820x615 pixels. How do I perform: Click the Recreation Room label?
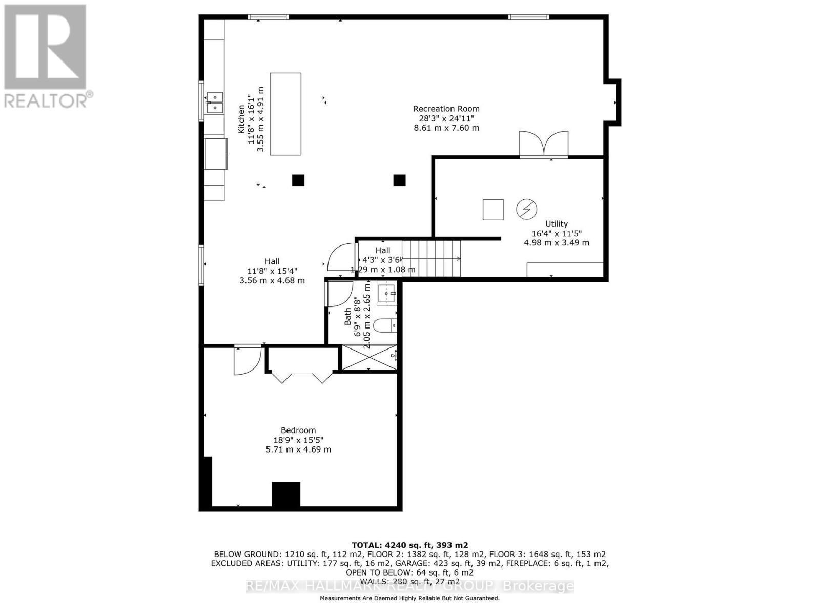[x=446, y=109]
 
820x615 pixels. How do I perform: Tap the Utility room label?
[x=557, y=223]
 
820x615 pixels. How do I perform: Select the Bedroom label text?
[x=298, y=430]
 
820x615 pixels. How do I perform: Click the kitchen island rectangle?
[x=285, y=114]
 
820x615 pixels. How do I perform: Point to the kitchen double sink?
[x=214, y=102]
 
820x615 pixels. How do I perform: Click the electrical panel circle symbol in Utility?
[x=526, y=209]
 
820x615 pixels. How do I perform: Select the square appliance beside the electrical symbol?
[x=493, y=210]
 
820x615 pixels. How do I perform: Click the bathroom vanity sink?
[x=387, y=294]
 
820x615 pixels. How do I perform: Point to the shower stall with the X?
[x=369, y=357]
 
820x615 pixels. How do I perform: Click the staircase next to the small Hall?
[x=431, y=259]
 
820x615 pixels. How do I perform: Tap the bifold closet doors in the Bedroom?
[x=302, y=377]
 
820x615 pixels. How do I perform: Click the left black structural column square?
[x=298, y=180]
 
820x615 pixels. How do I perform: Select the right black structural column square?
[x=399, y=180]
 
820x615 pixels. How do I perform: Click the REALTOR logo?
[x=46, y=56]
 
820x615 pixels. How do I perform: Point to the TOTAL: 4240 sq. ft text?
[x=409, y=545]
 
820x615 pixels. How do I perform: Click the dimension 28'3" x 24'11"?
[x=446, y=118]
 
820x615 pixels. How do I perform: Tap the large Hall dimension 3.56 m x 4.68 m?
[x=272, y=280]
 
